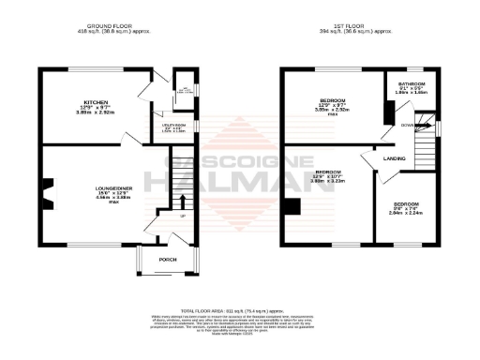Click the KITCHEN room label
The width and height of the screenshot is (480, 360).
97,101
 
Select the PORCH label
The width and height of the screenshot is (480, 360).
167,259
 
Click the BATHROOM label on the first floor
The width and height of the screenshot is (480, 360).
412,84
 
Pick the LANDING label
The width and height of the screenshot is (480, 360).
395,158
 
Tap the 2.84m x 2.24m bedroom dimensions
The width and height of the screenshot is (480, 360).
405,213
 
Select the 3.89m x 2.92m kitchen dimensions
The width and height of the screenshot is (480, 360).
97,112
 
